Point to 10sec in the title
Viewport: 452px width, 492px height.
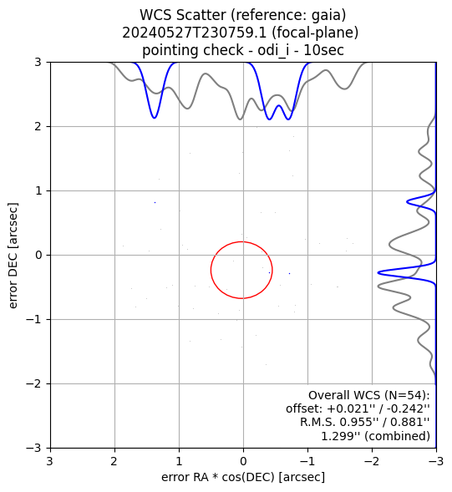(x=323, y=50)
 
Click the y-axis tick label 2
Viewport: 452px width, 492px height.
(x=38, y=127)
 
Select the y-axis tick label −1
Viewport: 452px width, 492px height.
(x=34, y=320)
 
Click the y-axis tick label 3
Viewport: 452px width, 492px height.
(x=38, y=63)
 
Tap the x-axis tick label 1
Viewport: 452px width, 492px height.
(x=179, y=461)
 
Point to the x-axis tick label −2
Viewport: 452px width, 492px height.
(x=372, y=461)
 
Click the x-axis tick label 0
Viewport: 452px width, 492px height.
(x=243, y=461)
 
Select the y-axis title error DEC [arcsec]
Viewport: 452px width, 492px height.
(x=13, y=256)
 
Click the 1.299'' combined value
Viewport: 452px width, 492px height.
(x=341, y=436)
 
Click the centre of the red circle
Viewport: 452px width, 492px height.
(x=241, y=270)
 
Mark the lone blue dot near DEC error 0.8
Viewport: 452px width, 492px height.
(x=155, y=203)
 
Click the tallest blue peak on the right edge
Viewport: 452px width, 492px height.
(x=378, y=272)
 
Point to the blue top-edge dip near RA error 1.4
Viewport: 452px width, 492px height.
(x=154, y=118)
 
